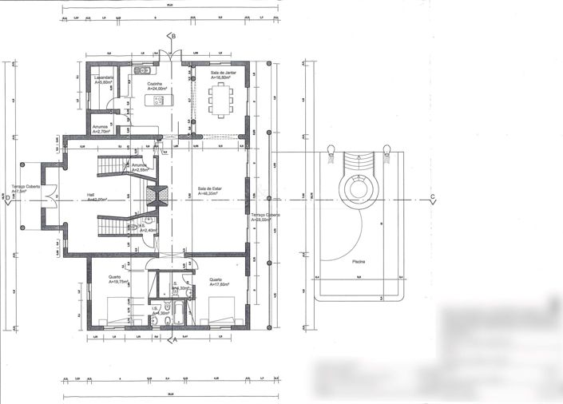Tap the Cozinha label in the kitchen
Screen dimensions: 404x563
(x=155, y=83)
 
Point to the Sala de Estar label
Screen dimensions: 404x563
(x=210, y=189)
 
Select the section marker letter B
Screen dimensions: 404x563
(x=172, y=37)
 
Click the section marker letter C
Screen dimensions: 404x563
(x=432, y=197)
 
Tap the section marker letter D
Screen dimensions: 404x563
(x=6, y=203)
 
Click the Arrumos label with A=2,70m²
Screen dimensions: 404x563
(x=101, y=128)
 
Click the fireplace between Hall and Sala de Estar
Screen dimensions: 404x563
(x=158, y=196)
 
